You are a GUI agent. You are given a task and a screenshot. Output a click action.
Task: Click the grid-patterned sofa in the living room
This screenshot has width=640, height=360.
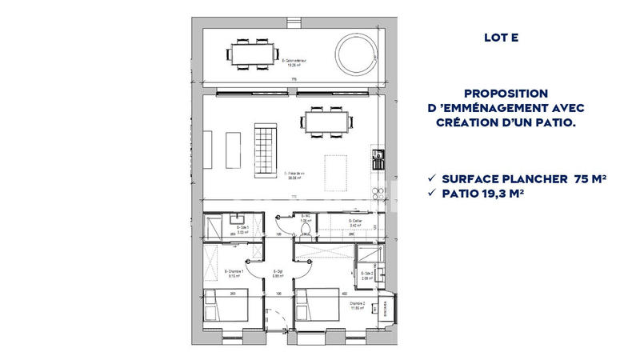(265, 150)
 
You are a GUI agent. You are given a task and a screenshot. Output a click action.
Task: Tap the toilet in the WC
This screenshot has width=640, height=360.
(305, 227)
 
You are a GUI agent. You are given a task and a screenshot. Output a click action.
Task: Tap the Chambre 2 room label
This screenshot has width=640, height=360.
(357, 306)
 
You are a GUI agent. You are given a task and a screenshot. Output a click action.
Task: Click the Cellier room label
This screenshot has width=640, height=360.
(357, 222)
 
